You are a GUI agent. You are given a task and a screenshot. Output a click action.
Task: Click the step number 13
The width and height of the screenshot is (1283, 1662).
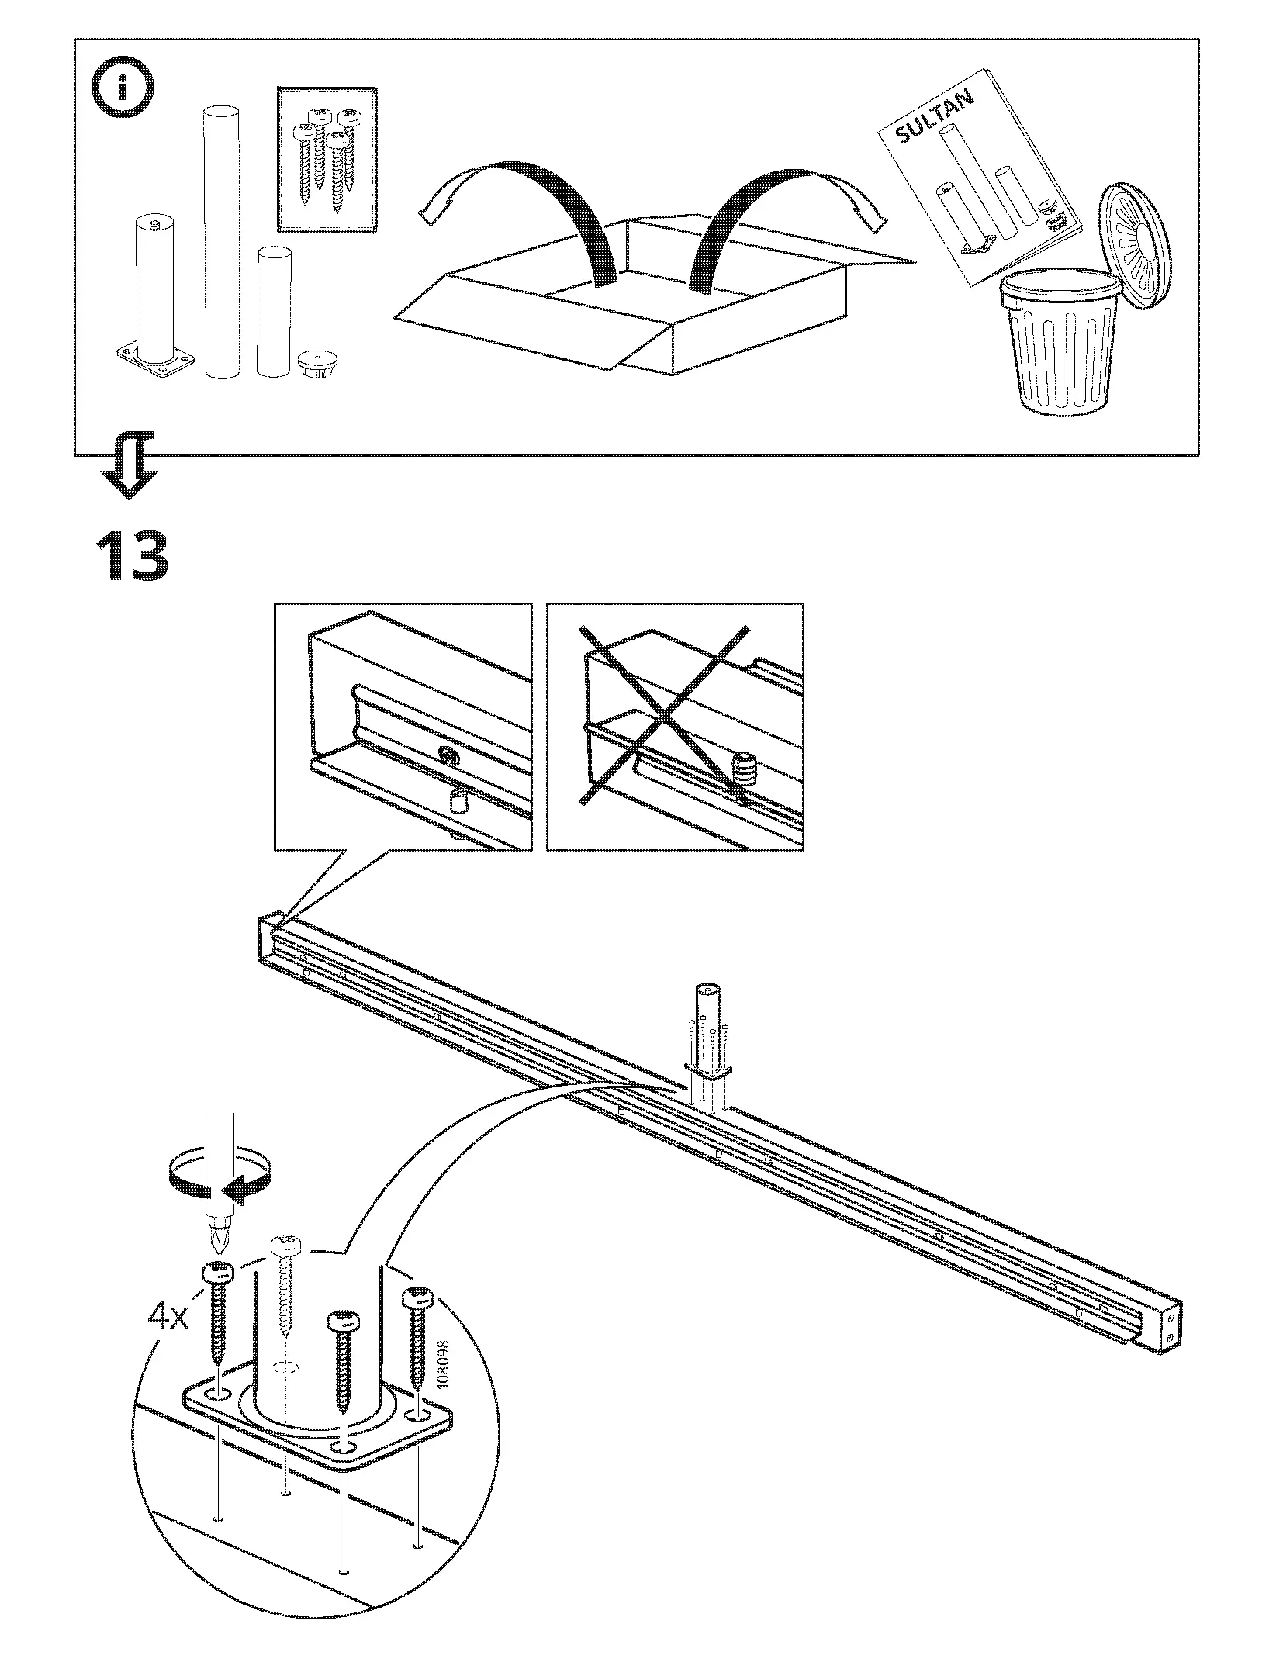[132, 556]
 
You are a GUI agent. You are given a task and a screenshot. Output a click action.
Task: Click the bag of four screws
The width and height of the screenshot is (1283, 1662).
[327, 158]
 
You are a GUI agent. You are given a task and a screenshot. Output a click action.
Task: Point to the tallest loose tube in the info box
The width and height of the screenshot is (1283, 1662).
[222, 240]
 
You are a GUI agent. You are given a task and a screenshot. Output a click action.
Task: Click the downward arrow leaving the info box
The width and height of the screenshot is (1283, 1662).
[130, 465]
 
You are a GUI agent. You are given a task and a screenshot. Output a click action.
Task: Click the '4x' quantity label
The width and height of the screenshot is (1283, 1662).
[168, 1316]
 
